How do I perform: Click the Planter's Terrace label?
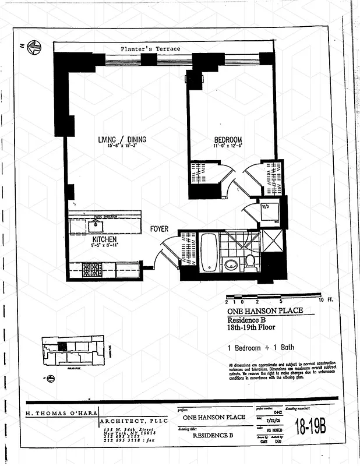[150, 49]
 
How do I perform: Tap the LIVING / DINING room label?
[122, 140]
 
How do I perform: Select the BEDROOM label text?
[228, 140]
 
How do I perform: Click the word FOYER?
[160, 229]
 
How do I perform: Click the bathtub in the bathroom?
[209, 253]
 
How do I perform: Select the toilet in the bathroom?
[250, 263]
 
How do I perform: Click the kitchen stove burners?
[91, 269]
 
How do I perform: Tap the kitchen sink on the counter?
[94, 223]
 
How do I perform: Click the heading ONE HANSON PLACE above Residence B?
[264, 311]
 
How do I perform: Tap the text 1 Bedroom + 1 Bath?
[260, 347]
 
